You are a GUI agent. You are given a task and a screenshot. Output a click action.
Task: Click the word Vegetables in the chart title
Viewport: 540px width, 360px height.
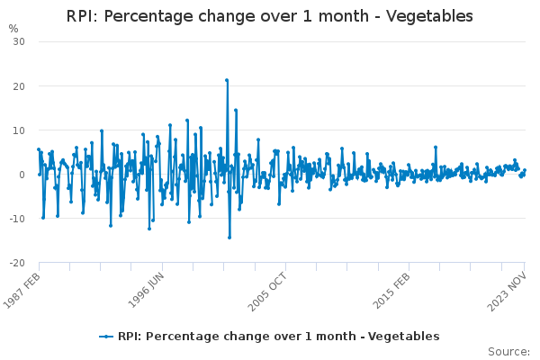point(428,16)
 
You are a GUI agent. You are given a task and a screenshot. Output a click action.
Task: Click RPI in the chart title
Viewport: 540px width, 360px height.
point(83,16)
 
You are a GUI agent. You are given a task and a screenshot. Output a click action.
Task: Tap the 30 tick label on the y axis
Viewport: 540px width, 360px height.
point(20,41)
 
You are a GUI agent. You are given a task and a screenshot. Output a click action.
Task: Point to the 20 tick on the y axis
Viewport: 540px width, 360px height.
point(20,85)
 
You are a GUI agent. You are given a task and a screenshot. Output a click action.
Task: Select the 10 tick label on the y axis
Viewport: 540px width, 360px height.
point(20,130)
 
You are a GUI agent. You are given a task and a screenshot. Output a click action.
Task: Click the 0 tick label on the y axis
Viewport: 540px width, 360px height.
point(22,174)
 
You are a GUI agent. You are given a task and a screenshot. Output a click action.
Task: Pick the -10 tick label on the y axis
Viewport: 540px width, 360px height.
point(18,218)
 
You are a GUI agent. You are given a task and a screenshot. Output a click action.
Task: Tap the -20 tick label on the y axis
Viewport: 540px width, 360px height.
point(18,262)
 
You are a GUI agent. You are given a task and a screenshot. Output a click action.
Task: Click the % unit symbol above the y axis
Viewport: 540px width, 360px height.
point(13,28)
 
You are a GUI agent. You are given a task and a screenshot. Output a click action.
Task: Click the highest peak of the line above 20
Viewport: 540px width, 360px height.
point(227,80)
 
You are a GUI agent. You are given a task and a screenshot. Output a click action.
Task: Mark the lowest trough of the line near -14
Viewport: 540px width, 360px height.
point(229,238)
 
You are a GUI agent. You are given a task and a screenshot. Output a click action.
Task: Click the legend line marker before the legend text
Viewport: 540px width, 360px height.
point(107,336)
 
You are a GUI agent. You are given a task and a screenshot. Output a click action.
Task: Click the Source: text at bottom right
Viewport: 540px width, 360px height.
point(508,351)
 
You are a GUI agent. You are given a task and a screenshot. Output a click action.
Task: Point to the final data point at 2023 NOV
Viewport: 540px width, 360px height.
point(525,171)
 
